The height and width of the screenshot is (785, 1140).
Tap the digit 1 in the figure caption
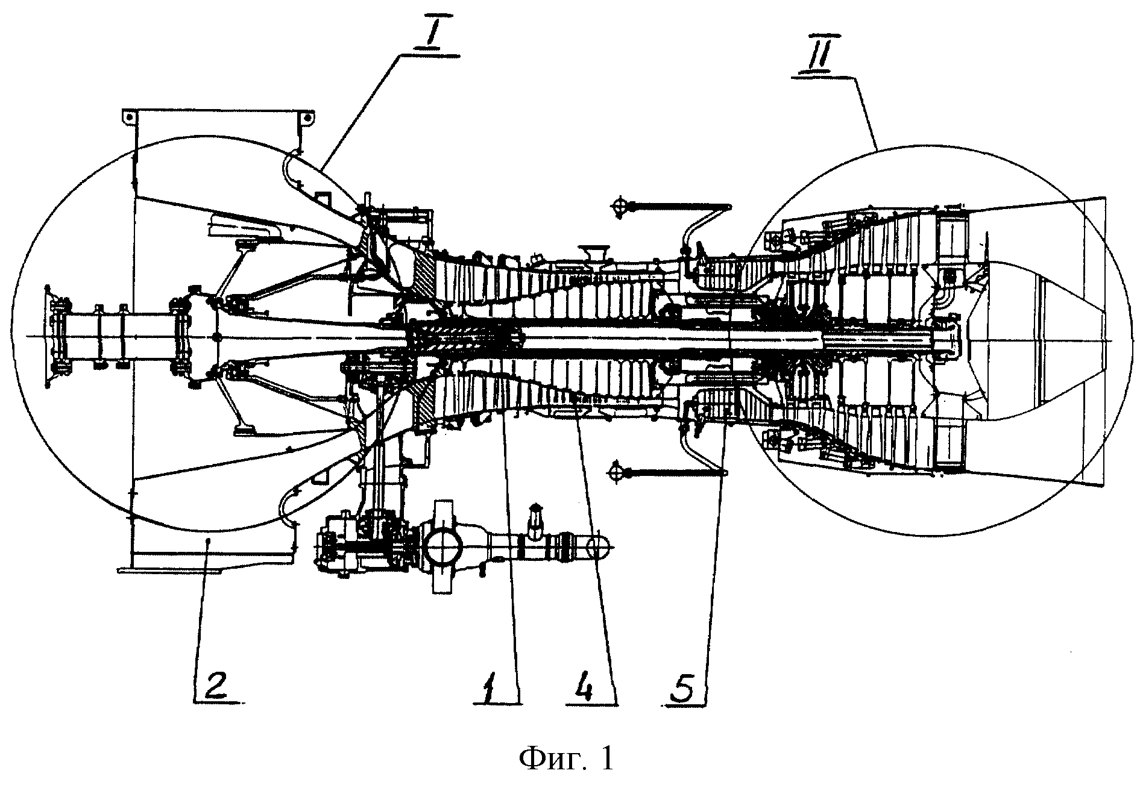(606, 757)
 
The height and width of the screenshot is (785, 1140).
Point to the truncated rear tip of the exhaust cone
(1104, 337)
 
